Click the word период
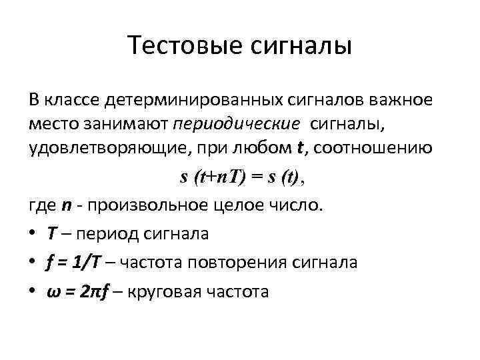[x=114, y=234]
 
